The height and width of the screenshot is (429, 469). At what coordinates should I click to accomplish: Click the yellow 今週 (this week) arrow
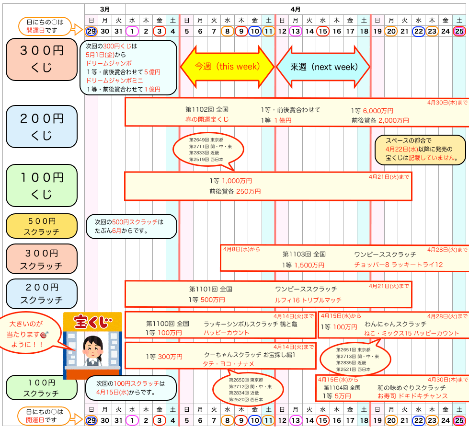click(227, 67)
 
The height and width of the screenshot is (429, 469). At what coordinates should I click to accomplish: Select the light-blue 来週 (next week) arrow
click(324, 67)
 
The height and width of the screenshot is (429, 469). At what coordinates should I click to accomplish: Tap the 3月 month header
click(105, 9)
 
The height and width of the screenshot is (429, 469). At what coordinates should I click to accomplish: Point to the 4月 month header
click(296, 9)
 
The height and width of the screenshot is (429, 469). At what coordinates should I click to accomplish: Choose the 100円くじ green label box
click(42, 186)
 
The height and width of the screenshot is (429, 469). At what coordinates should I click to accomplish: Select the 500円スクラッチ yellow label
click(42, 226)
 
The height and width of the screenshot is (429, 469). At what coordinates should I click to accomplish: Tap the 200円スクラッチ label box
click(42, 293)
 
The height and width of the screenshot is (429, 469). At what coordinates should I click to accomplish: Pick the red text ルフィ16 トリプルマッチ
click(308, 300)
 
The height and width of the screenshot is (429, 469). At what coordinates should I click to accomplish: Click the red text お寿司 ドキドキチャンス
click(412, 396)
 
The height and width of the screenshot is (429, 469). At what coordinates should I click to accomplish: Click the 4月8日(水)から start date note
click(241, 249)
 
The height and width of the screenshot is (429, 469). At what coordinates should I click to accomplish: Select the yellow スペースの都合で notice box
click(420, 149)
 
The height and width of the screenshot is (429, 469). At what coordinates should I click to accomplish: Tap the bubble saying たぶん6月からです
click(130, 226)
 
